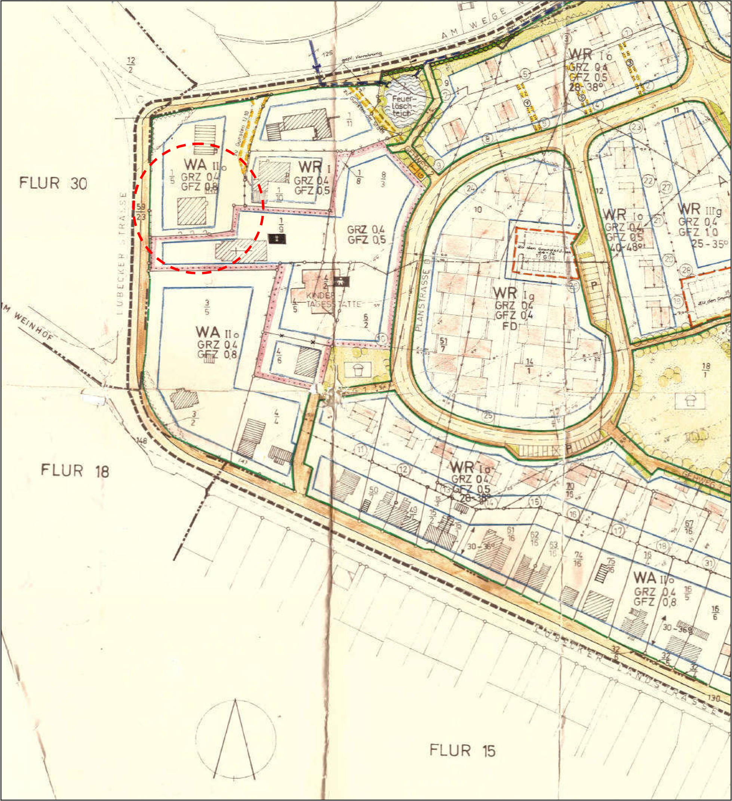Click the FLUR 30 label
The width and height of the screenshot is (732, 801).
(x=53, y=184)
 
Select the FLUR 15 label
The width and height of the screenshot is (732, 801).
(x=462, y=751)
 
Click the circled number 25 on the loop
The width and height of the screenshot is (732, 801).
(x=488, y=416)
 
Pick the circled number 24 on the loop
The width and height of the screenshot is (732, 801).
(x=471, y=188)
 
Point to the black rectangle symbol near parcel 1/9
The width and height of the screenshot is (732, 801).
(x=277, y=239)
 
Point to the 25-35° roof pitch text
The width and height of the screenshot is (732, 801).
(x=711, y=243)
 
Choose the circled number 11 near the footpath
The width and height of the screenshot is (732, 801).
(x=360, y=450)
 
